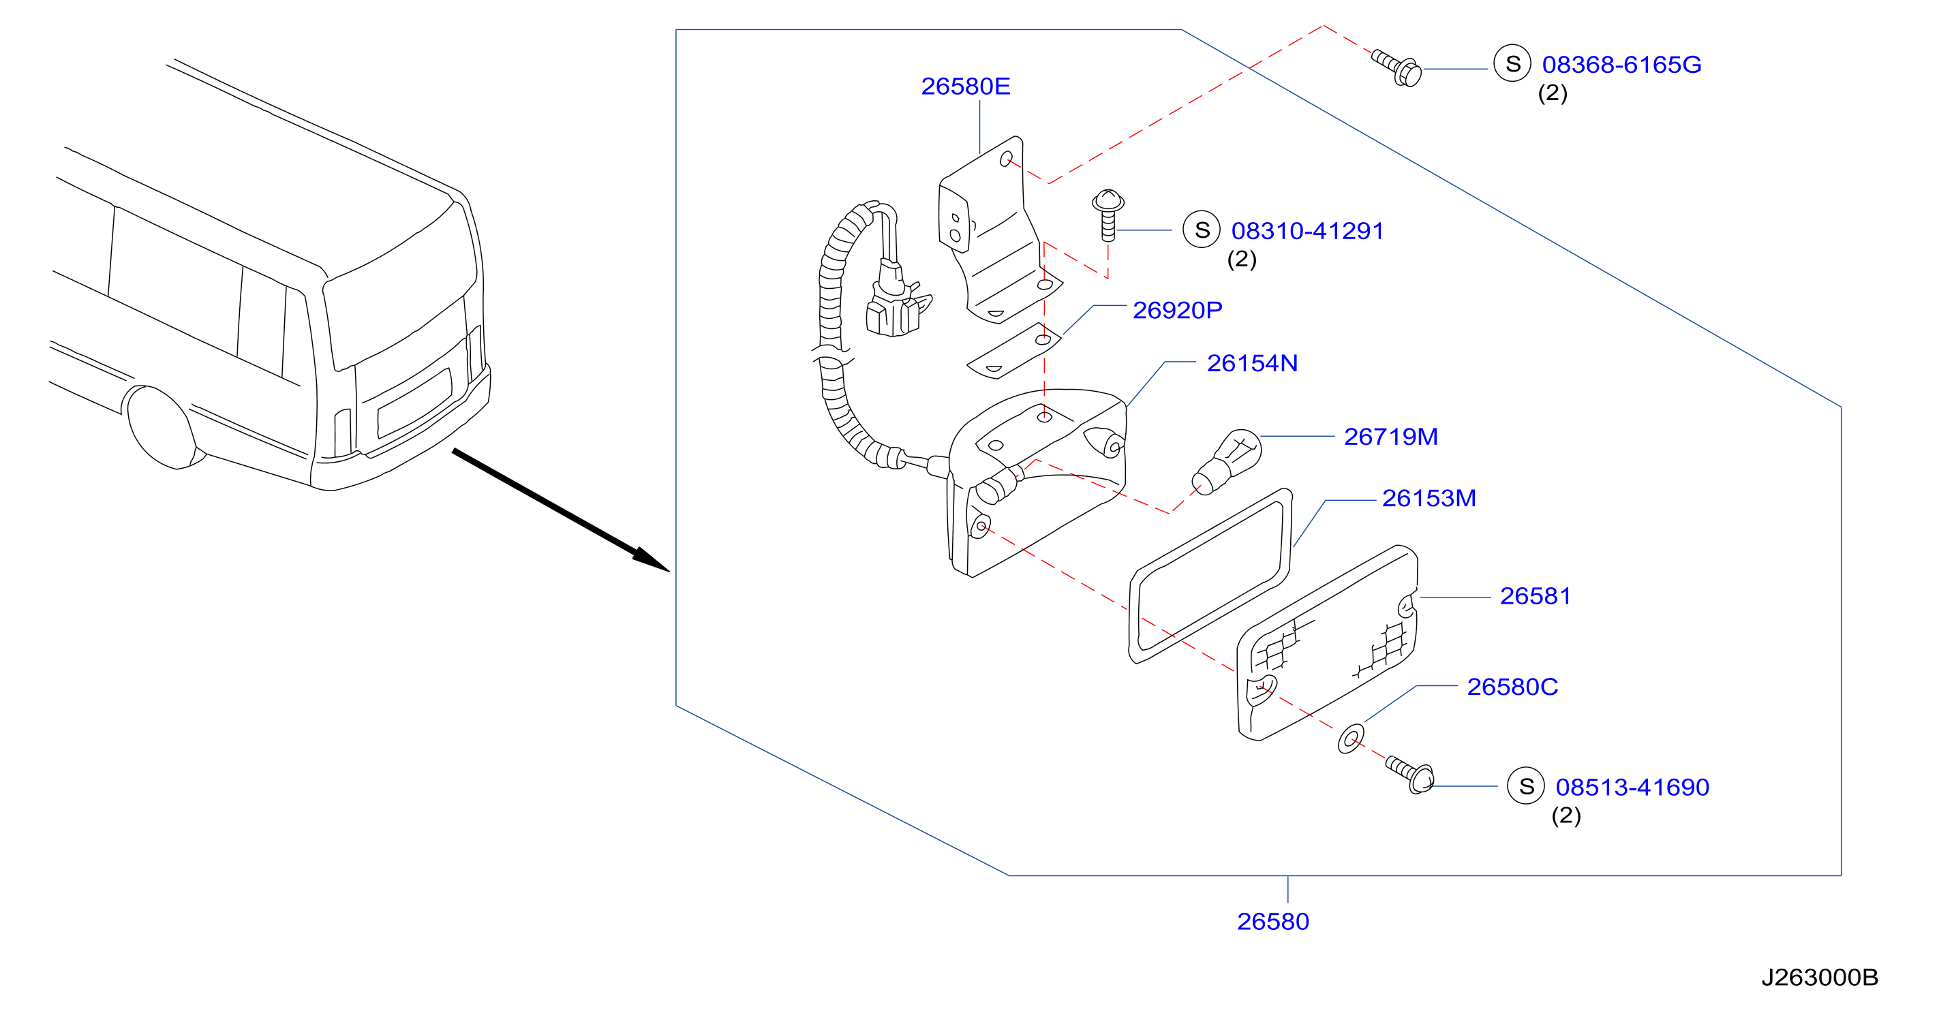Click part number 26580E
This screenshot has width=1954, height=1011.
(x=965, y=87)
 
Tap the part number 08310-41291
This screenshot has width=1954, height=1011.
(x=1307, y=230)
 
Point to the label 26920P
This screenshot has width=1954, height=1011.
(x=1177, y=309)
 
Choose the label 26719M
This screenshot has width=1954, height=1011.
(x=1390, y=437)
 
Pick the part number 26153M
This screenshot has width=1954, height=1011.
(x=1429, y=498)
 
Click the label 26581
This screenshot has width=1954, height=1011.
(x=1535, y=596)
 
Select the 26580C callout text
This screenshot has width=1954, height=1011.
(x=1512, y=687)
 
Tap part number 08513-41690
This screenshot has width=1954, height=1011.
(x=1632, y=788)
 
